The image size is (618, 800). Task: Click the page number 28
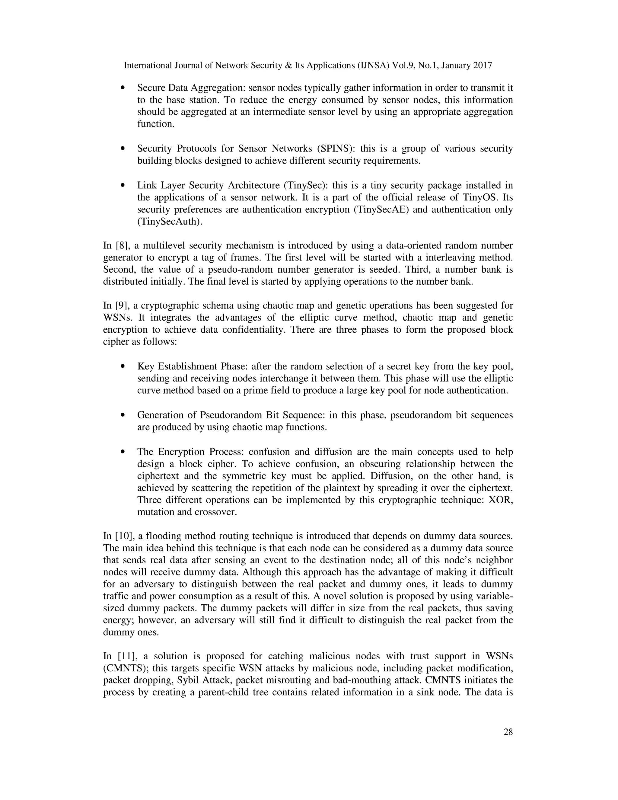click(508, 732)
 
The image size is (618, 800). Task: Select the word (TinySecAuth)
click(170, 222)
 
